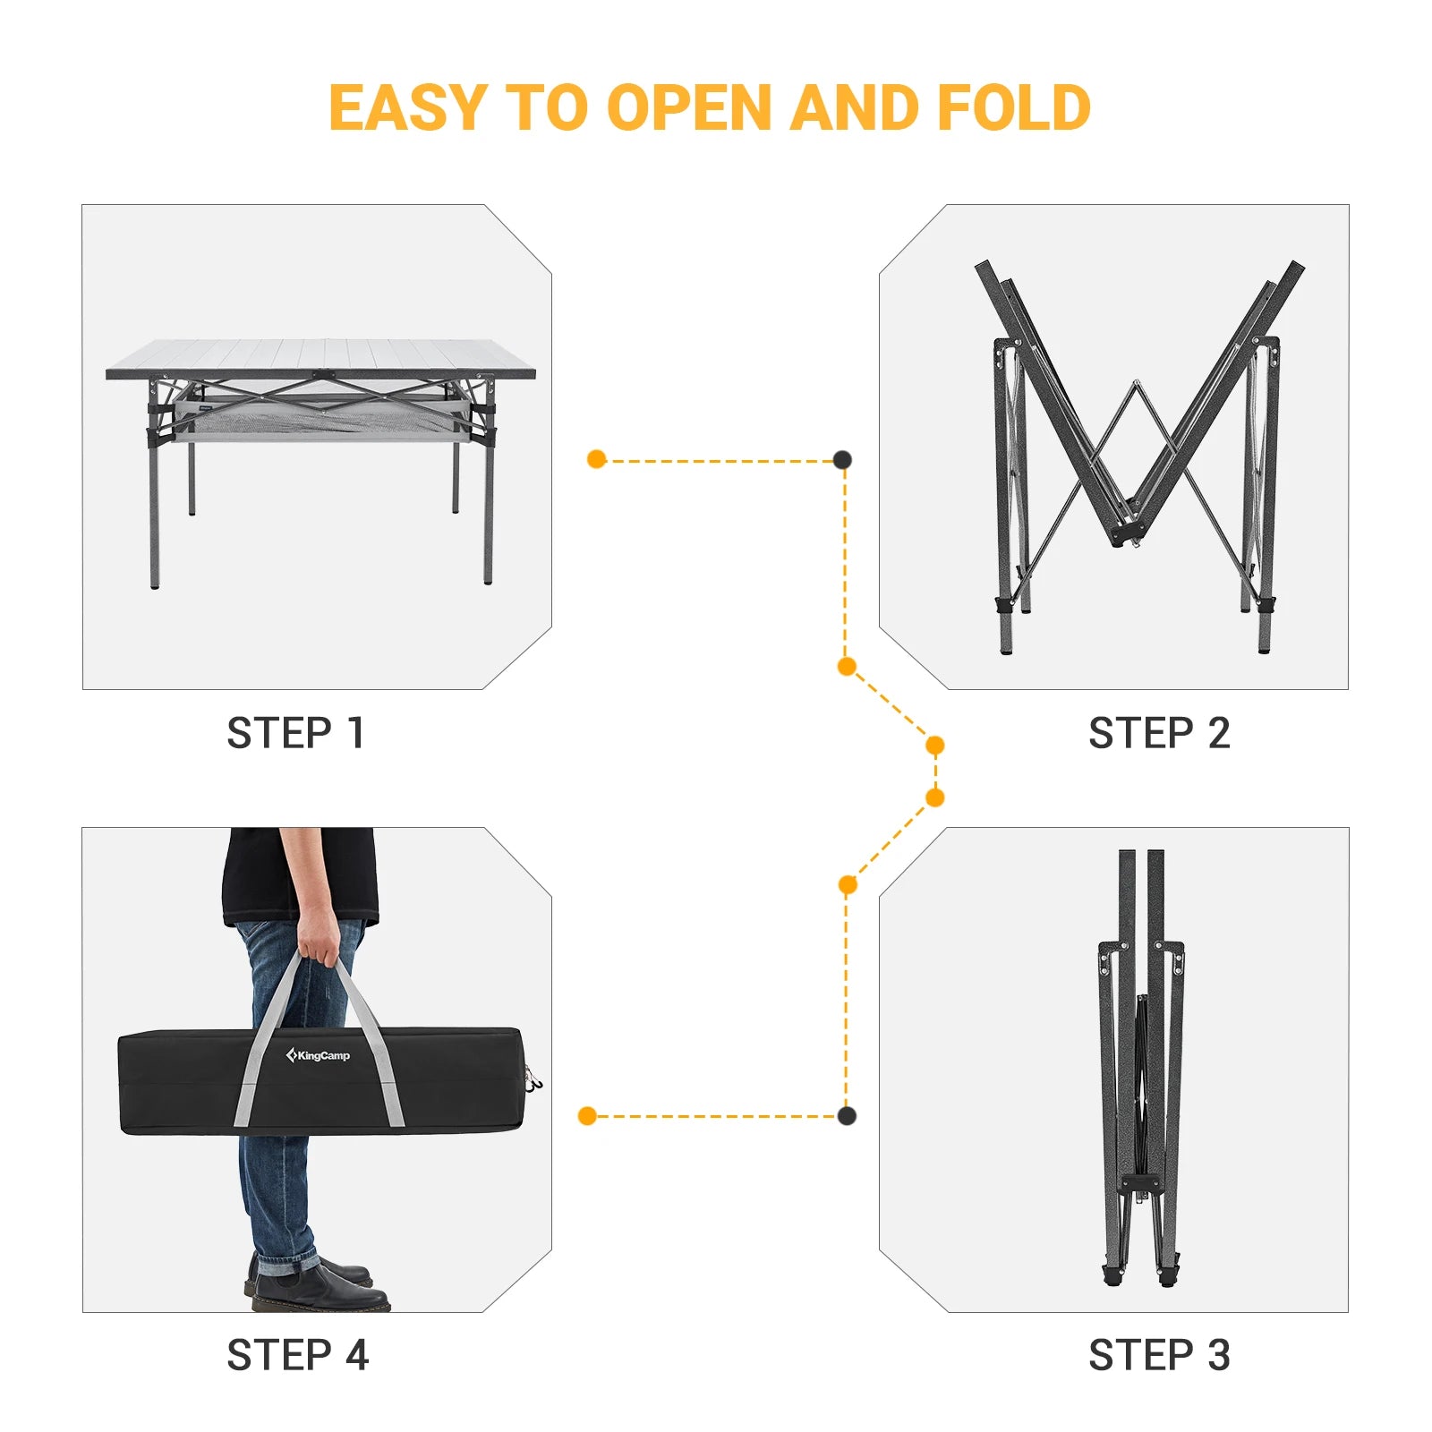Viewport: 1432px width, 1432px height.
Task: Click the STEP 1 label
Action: pos(295,733)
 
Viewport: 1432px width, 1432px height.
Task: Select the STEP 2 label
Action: pos(1159,733)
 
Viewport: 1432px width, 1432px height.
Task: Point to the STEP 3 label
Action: pos(1159,1355)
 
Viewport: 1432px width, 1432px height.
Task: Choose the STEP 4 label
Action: pos(297,1355)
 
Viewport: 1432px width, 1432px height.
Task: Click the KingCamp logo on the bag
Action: pos(319,1056)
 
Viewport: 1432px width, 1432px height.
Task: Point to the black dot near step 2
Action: pos(842,460)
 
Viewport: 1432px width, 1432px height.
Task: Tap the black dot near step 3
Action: pos(847,1115)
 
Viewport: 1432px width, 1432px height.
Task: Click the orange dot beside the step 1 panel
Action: pos(597,460)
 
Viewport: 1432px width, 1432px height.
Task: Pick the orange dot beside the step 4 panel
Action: pos(587,1115)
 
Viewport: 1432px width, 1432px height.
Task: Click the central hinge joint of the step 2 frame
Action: pos(1127,533)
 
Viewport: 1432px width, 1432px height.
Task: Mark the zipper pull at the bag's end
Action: pos(534,1082)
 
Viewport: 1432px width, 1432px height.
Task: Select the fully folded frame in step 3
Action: pos(1141,1074)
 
